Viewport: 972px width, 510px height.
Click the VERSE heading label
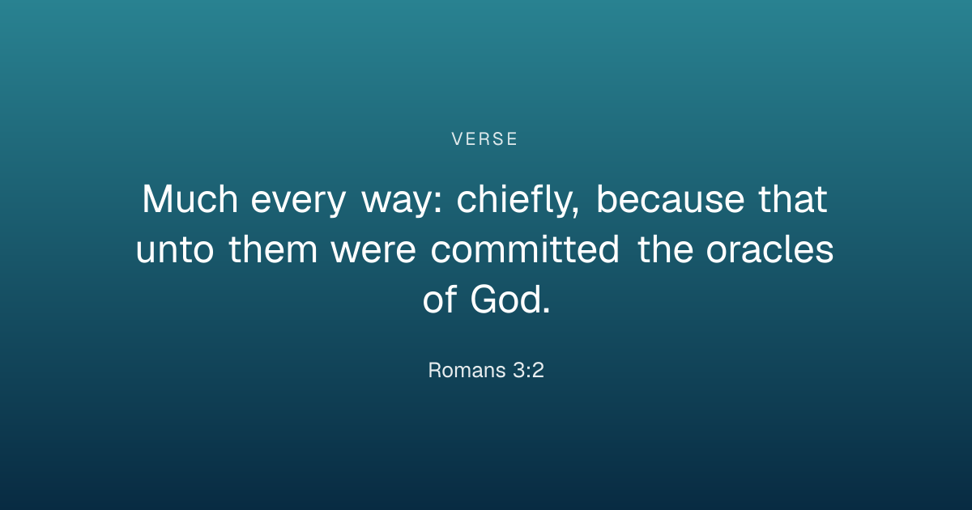coord(484,139)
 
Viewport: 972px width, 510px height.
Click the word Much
coord(190,199)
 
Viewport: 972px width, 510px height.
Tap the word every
coord(298,204)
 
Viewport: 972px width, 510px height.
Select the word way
coord(396,204)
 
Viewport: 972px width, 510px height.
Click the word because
coord(671,198)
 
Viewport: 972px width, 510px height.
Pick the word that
coord(793,199)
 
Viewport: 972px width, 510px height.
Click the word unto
coord(175,250)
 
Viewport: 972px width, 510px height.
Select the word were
coord(373,251)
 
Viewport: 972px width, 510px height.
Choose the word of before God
coord(440,299)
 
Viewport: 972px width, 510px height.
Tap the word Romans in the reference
coord(467,371)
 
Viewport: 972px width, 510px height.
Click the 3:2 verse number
coord(528,371)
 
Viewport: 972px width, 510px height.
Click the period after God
coord(546,309)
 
